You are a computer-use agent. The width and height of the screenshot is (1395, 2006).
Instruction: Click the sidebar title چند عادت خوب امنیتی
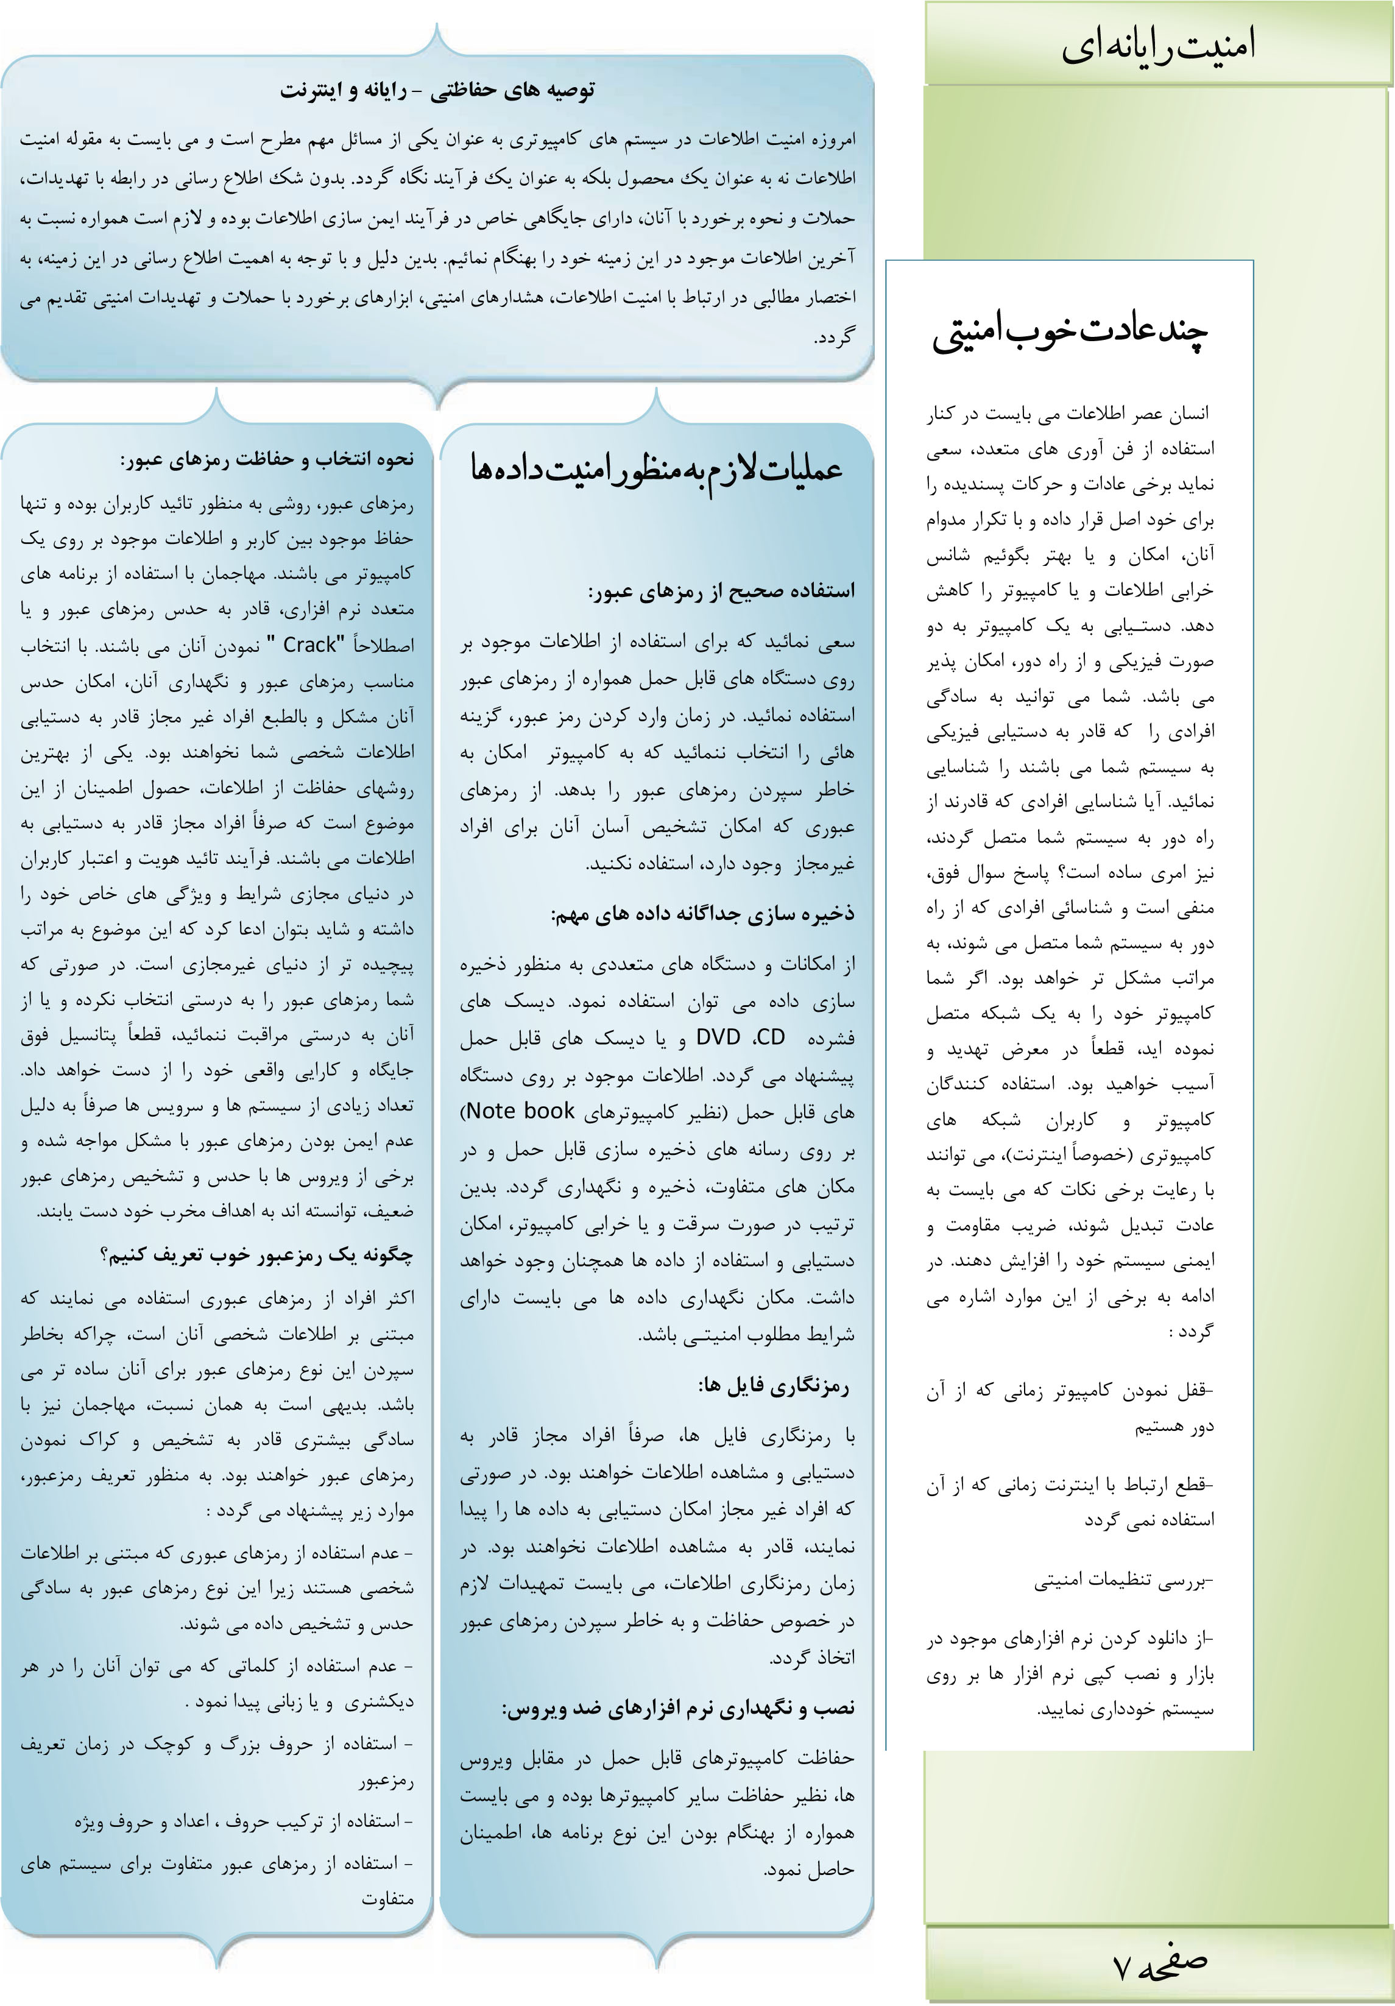[1070, 333]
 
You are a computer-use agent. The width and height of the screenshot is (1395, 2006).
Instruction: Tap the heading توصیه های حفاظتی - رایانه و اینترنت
[437, 90]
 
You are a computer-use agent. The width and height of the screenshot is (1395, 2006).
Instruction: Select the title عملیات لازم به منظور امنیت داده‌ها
[656, 469]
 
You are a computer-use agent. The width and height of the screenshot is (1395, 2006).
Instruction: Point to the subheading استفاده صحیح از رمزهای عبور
[721, 592]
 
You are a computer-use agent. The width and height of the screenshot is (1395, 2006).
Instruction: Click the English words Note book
[521, 1111]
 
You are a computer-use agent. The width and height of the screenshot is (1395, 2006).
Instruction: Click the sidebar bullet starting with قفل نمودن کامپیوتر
[1071, 1408]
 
